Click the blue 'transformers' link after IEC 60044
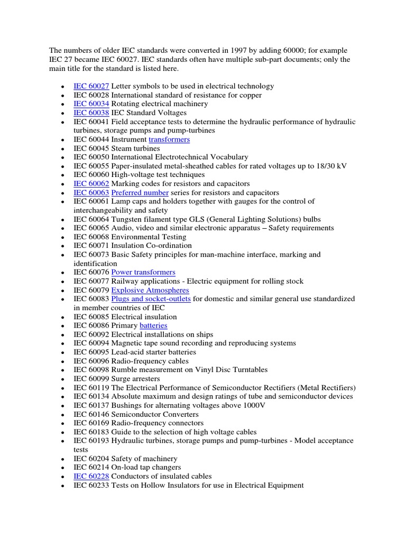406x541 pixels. pos(169,139)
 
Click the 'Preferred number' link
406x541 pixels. pos(140,193)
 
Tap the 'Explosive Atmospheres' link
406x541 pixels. pos(150,290)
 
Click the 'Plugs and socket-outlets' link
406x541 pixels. pos(151,299)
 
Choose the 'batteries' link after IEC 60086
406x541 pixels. pos(153,325)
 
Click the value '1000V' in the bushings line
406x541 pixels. pos(255,405)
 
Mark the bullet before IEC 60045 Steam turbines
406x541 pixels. pos(63,149)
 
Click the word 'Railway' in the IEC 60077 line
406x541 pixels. pos(125,281)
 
